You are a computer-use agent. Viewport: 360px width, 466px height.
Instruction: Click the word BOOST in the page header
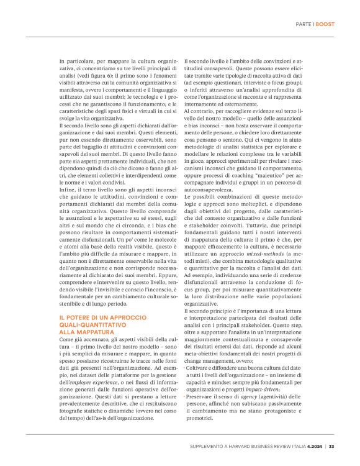click(326, 24)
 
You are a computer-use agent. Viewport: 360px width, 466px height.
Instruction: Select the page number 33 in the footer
click(332, 445)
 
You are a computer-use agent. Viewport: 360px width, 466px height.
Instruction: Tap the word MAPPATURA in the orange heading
click(91, 332)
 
